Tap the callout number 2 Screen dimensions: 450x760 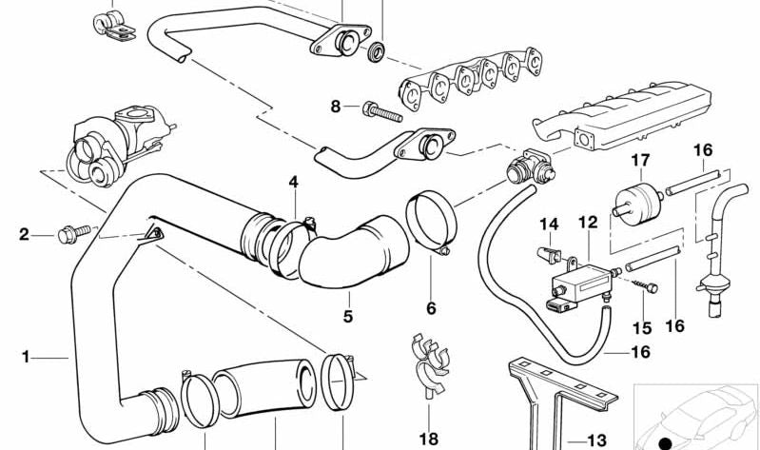25,233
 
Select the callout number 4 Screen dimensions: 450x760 294,182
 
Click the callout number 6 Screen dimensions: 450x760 431,308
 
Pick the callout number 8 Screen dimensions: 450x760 335,107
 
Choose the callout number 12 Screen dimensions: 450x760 588,223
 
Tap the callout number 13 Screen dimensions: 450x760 596,440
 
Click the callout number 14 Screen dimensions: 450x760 549,225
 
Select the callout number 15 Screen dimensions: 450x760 642,328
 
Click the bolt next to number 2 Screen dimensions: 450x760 71,230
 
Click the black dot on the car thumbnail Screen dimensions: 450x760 665,441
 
